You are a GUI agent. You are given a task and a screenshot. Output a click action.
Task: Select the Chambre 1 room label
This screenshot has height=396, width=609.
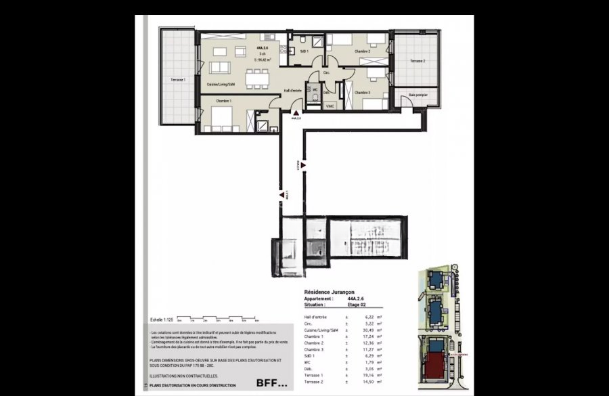coord(223,101)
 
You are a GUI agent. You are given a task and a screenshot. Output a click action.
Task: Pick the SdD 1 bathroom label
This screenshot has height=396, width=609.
coord(304,51)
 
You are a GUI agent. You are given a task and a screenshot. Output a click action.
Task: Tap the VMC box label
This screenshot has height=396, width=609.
coord(330,106)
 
